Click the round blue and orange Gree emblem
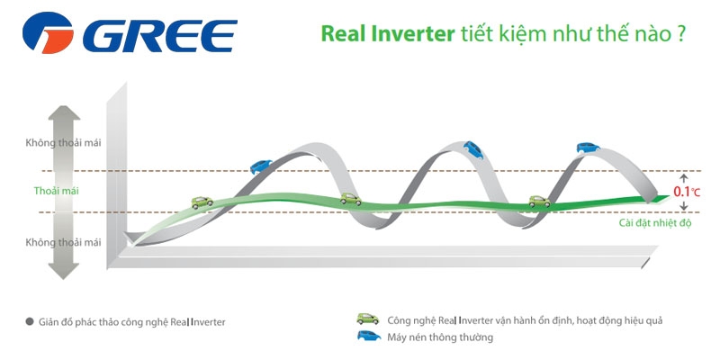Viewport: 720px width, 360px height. (48, 33)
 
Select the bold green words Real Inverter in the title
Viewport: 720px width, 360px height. (388, 34)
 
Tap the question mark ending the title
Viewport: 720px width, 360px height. (681, 34)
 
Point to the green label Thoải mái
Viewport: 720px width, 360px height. (57, 191)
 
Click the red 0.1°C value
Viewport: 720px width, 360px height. (687, 192)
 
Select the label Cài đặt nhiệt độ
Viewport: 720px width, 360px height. (655, 223)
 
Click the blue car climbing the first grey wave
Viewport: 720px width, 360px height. (261, 166)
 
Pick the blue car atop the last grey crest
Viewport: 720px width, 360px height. (589, 148)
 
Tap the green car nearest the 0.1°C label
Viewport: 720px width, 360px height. (539, 201)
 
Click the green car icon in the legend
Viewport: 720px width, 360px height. (368, 319)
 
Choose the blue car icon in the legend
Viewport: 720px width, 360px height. (369, 336)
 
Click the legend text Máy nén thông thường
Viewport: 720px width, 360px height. (440, 337)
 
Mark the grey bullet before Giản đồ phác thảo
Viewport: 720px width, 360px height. (30, 322)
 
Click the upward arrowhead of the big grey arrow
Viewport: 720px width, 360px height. (64, 113)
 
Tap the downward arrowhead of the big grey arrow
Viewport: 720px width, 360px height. (64, 272)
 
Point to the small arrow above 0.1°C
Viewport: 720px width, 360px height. (684, 179)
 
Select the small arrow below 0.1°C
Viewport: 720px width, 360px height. (684, 205)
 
